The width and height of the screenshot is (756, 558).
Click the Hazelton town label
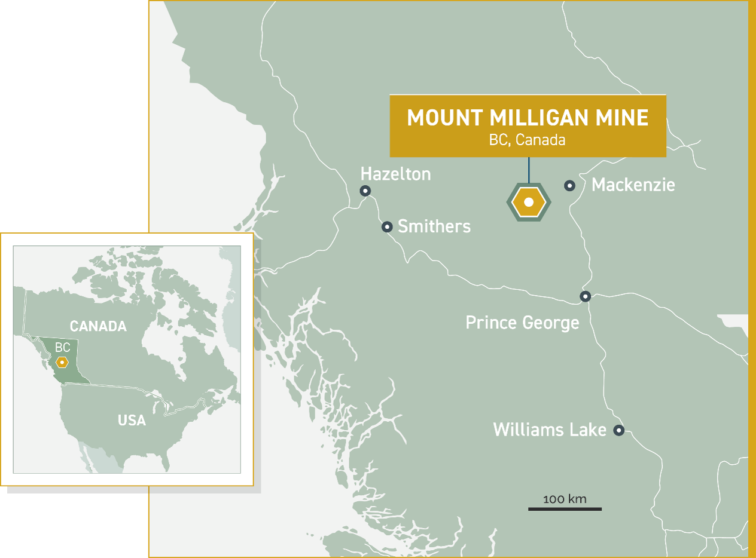pyautogui.click(x=395, y=174)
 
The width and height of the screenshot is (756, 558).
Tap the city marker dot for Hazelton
pyautogui.click(x=365, y=191)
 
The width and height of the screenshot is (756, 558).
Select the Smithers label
pyautogui.click(x=434, y=226)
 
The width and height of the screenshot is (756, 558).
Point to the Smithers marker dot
pyautogui.click(x=387, y=226)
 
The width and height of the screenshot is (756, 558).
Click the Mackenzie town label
pyautogui.click(x=633, y=185)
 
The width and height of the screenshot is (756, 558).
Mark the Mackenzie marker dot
pyautogui.click(x=569, y=185)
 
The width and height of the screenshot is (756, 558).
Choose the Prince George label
pyautogui.click(x=522, y=323)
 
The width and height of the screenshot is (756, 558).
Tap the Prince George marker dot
pyautogui.click(x=586, y=296)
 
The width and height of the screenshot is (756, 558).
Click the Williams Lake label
pyautogui.click(x=550, y=430)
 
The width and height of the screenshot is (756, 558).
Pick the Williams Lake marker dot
pyautogui.click(x=619, y=430)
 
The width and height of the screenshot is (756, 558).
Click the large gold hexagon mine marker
pyautogui.click(x=528, y=203)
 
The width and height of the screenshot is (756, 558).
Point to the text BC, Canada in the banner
pyautogui.click(x=527, y=140)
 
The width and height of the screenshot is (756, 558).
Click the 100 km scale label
pyautogui.click(x=565, y=499)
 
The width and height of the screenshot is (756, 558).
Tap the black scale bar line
pyautogui.click(x=565, y=509)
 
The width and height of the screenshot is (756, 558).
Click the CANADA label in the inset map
pyautogui.click(x=98, y=326)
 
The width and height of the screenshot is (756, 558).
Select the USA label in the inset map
pyautogui.click(x=132, y=420)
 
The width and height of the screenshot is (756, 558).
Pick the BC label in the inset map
pyautogui.click(x=63, y=348)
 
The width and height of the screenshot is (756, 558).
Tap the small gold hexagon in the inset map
pyautogui.click(x=62, y=362)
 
